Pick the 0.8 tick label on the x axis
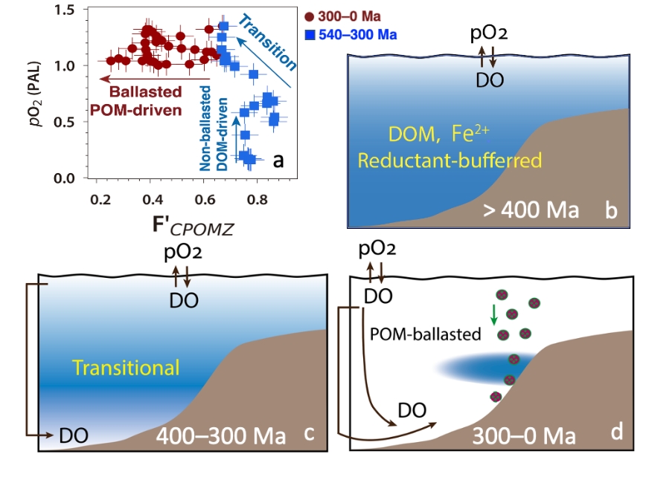[x=257, y=200]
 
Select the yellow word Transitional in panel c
[x=126, y=367]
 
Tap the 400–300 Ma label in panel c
[x=220, y=435]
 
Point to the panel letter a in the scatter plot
[x=278, y=160]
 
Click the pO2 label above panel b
[x=490, y=34]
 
